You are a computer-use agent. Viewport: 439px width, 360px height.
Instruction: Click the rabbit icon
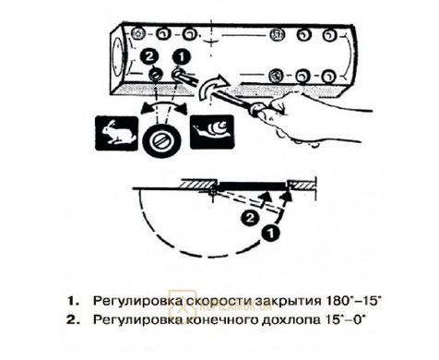pos(116,133)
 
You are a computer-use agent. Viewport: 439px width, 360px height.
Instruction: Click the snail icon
pos(212,132)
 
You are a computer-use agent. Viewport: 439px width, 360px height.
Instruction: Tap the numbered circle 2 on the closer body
pos(149,56)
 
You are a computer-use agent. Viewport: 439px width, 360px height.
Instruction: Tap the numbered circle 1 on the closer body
pos(181,57)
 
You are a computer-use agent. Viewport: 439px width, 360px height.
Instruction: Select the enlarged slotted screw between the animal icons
pos(161,141)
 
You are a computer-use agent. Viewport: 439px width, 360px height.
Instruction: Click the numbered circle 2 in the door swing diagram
pos(250,218)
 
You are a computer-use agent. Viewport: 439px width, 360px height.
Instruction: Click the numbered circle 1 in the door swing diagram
pos(270,234)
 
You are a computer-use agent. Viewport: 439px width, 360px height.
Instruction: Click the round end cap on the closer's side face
pos(117,57)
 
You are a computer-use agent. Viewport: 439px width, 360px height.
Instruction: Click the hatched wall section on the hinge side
pos(197,184)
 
